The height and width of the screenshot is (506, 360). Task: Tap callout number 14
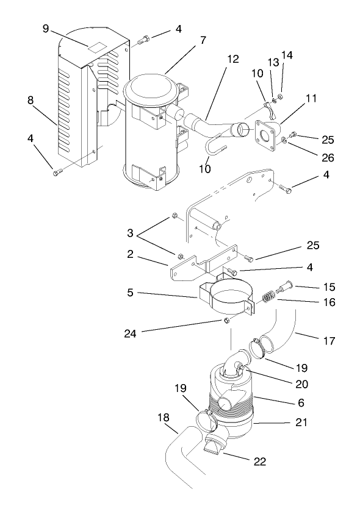(287, 55)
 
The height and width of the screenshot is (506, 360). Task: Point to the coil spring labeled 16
(267, 296)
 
